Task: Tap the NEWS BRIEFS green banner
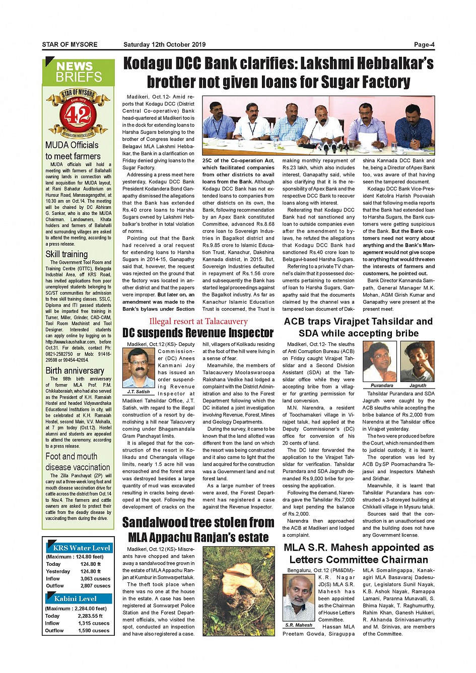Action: pyautogui.click(x=79, y=72)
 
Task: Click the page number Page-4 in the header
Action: pyautogui.click(x=424, y=44)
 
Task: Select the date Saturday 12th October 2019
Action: pyautogui.click(x=164, y=44)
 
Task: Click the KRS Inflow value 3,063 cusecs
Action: pyautogui.click(x=95, y=578)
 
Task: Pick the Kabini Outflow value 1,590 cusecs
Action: pyautogui.click(x=93, y=630)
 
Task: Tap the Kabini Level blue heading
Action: pyautogui.click(x=75, y=599)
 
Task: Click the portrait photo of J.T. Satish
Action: pyautogui.click(x=138, y=368)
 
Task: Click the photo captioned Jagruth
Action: pyautogui.click(x=417, y=362)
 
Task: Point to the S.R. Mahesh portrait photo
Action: pyautogui.click(x=299, y=599)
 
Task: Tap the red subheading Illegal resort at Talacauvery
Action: pyautogui.click(x=198, y=321)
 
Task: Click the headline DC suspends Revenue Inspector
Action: pyautogui.click(x=198, y=333)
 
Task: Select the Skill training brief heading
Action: pyautogui.click(x=66, y=254)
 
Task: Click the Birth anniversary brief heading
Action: pyautogui.click(x=75, y=370)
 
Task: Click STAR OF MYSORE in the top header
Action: pyautogui.click(x=70, y=44)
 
